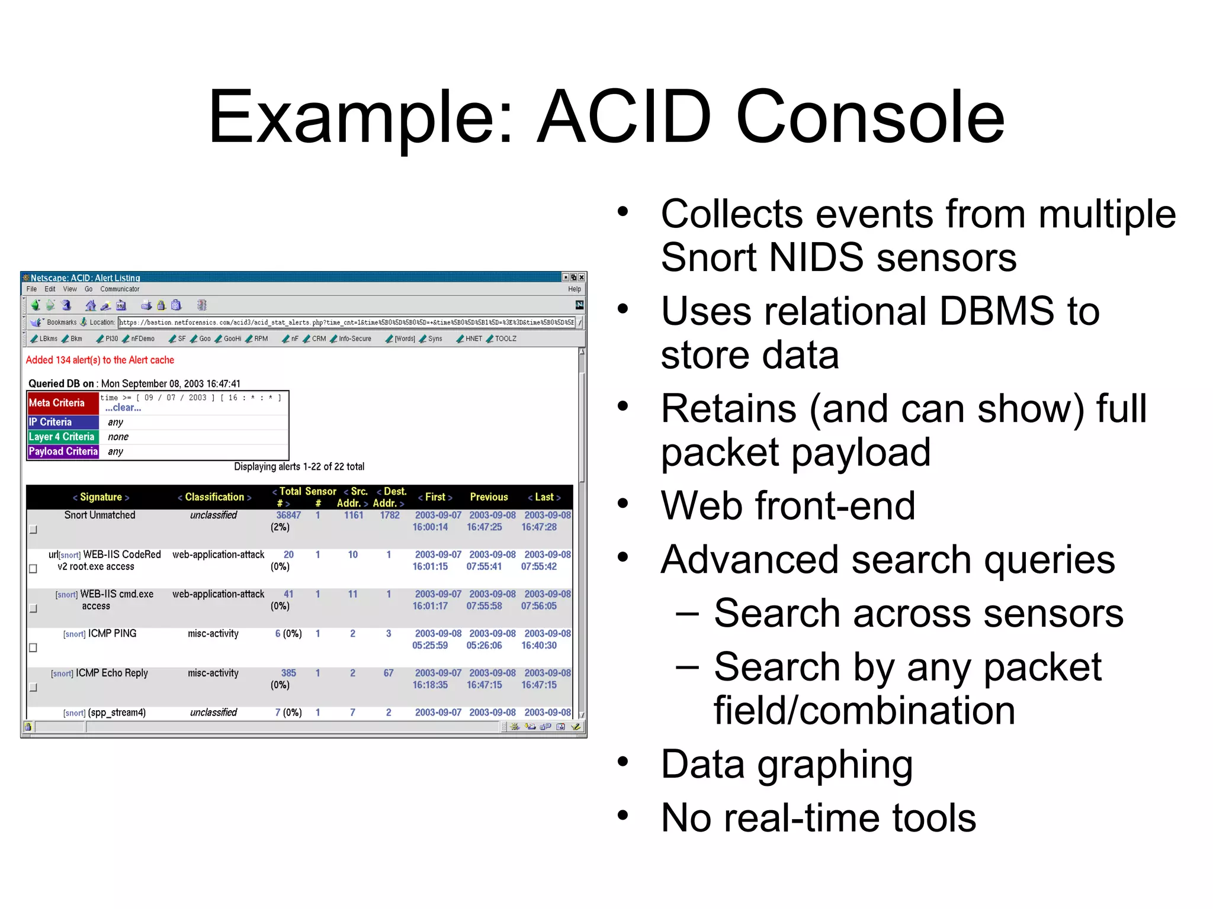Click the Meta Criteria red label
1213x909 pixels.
click(x=57, y=403)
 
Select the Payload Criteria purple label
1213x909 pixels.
click(x=63, y=452)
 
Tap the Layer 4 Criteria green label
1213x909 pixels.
click(x=62, y=437)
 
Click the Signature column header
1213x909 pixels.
click(x=101, y=497)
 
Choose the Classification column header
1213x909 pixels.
click(x=214, y=497)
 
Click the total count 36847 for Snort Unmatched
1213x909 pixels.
click(x=288, y=515)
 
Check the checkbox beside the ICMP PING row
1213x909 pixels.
click(x=33, y=647)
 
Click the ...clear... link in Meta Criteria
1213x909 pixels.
click(x=123, y=408)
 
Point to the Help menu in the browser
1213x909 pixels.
click(x=574, y=289)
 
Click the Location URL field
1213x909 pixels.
click(x=346, y=323)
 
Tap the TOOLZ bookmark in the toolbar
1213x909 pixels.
click(x=505, y=339)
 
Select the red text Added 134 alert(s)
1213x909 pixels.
click(x=100, y=360)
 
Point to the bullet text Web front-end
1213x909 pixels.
click(x=788, y=506)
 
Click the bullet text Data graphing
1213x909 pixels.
click(x=787, y=764)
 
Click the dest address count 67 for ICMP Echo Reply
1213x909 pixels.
click(x=389, y=673)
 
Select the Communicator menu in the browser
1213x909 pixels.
click(x=120, y=289)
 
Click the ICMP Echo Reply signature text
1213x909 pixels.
click(x=111, y=673)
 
